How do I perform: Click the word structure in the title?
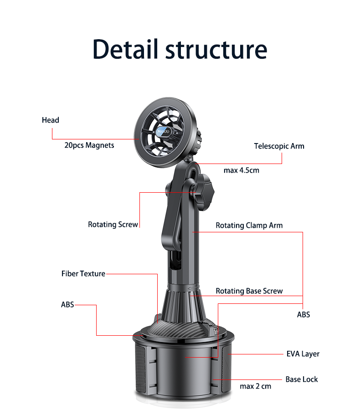click(x=216, y=50)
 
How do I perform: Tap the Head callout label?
click(x=51, y=120)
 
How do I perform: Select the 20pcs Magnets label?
click(x=89, y=145)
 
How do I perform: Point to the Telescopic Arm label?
click(x=279, y=146)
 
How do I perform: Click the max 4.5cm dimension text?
click(x=241, y=170)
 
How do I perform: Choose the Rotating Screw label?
click(x=113, y=225)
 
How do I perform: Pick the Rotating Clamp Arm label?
click(x=249, y=225)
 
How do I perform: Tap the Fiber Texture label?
click(x=83, y=274)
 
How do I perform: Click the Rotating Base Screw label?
click(x=249, y=291)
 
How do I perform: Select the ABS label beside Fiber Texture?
click(x=67, y=305)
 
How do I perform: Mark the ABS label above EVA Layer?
click(x=303, y=315)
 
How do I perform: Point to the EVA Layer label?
click(x=303, y=354)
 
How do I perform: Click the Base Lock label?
click(x=301, y=379)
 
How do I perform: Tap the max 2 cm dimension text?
click(x=255, y=386)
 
